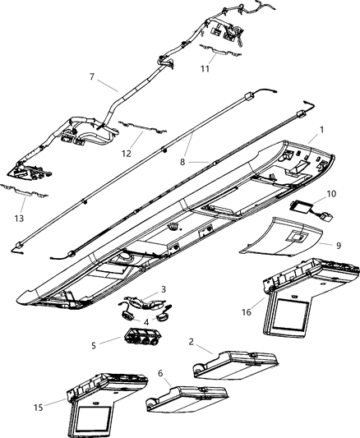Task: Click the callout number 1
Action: click(x=322, y=130)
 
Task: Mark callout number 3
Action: click(x=164, y=289)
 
